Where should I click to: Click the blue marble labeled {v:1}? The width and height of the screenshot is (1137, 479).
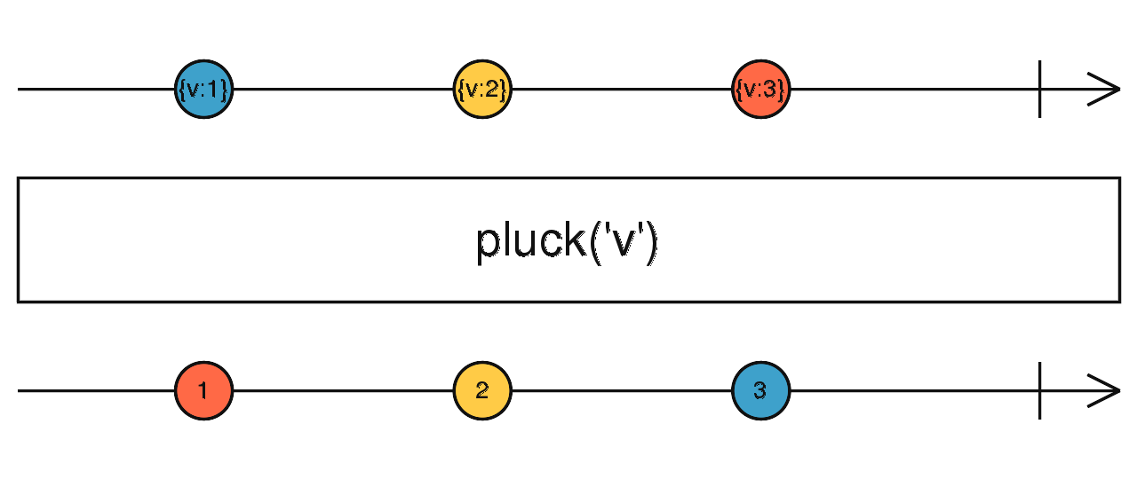coord(203,90)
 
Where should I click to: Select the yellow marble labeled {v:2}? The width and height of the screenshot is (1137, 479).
coord(482,90)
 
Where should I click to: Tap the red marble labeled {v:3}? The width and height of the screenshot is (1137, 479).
coord(761,90)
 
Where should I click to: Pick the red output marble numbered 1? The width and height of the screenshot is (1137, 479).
coord(203,390)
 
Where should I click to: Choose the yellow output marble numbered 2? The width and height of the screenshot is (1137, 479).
coord(482,390)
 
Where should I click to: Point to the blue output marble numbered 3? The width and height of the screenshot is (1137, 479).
coord(761,390)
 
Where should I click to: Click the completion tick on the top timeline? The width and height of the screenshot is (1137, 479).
coord(1040,90)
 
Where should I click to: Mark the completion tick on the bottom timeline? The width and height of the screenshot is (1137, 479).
coord(1040,390)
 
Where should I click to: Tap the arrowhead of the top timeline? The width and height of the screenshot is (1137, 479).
coord(1106,90)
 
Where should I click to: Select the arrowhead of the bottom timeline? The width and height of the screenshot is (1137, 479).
coord(1106,390)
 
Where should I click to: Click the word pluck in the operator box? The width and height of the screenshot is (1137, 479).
coord(531,241)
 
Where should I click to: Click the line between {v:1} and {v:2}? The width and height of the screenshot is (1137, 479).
coord(343,90)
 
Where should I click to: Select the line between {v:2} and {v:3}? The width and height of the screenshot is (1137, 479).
coord(622,90)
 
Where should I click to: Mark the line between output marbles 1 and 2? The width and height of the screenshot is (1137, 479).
coord(343,390)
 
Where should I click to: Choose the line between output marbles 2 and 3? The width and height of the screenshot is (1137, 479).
coord(622,390)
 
